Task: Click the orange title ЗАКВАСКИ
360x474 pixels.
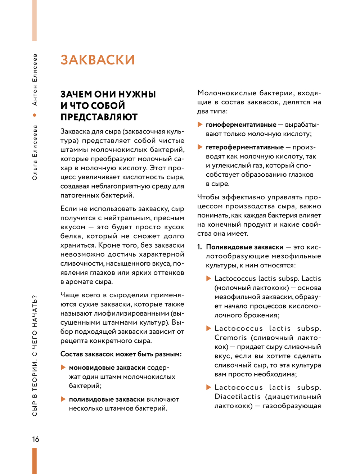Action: pos(98,60)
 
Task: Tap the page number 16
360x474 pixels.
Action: pos(36,439)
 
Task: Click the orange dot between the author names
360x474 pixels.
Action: pos(35,115)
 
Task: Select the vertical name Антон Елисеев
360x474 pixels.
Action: pos(35,80)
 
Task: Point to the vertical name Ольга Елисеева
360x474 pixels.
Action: pos(35,152)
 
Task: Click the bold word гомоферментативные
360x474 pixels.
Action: pos(241,125)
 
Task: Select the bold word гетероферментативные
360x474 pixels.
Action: pos(245,147)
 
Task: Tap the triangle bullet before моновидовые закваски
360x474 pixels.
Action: pos(63,367)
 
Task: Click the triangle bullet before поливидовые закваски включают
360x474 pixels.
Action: pos(63,399)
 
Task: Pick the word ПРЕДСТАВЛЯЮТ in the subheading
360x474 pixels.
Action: pos(99,117)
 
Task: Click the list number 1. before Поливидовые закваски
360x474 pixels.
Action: pos(200,247)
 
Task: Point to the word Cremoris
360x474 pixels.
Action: pos(231,338)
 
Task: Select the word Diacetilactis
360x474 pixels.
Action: pos(238,397)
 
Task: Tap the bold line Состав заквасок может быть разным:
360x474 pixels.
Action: pos(121,354)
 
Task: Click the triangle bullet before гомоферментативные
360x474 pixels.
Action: pos(200,125)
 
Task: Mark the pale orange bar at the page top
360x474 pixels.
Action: pos(35,20)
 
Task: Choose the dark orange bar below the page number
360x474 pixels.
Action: pos(35,461)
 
